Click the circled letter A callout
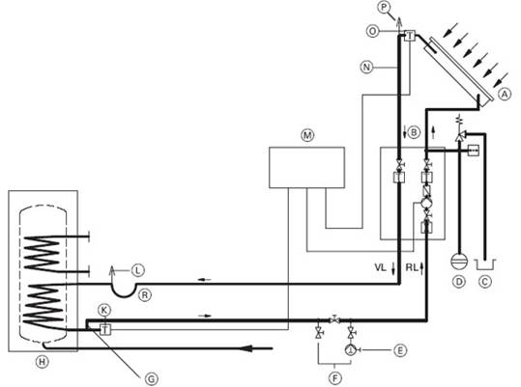(x=505, y=95)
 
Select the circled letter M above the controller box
(x=307, y=135)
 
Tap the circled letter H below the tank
(x=42, y=362)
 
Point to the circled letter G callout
(x=151, y=378)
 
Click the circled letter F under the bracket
(x=334, y=377)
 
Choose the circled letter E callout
(x=400, y=350)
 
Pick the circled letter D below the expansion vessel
(x=459, y=282)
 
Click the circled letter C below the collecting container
(x=484, y=282)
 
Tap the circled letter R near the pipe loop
(x=145, y=294)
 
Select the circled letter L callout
(x=137, y=270)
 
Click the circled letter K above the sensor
(x=104, y=311)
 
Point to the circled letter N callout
(x=366, y=68)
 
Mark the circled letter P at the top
(x=384, y=8)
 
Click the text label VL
(x=380, y=267)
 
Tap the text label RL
(x=412, y=267)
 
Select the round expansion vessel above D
(x=459, y=261)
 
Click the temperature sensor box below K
(x=105, y=329)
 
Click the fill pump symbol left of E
(x=351, y=349)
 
